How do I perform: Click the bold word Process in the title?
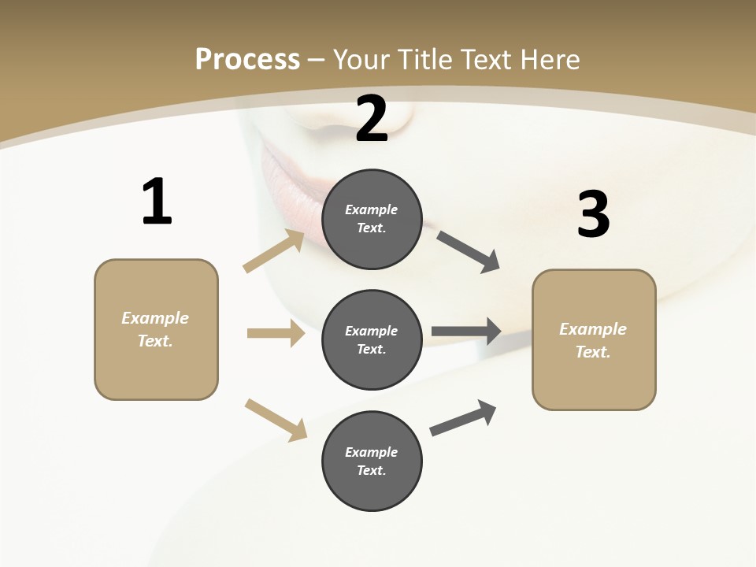pyautogui.click(x=247, y=60)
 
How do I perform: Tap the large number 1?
pyautogui.click(x=157, y=202)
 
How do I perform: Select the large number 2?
pyautogui.click(x=372, y=119)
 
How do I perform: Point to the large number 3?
pyautogui.click(x=593, y=215)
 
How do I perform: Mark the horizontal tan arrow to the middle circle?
pyautogui.click(x=276, y=333)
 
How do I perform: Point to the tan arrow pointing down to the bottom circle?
pyautogui.click(x=276, y=420)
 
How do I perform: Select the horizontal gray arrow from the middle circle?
pyautogui.click(x=466, y=332)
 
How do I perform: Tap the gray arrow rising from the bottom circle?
pyautogui.click(x=463, y=418)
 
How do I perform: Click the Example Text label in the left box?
pyautogui.click(x=155, y=329)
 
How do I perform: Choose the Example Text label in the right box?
pyautogui.click(x=593, y=340)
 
